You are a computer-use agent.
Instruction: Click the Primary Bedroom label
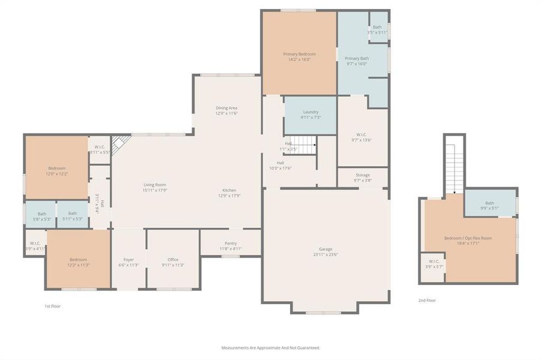coord(299,54)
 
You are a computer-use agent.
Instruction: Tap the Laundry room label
coord(310,112)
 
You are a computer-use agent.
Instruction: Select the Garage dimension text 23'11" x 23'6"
coord(325,254)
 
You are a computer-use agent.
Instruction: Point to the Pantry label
coord(231,243)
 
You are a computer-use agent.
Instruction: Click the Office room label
coord(173,259)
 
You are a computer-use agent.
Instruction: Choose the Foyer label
coord(128,259)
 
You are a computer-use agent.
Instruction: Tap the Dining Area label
coord(226,108)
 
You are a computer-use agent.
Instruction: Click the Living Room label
coord(154,185)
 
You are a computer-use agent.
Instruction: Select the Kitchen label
coord(229,190)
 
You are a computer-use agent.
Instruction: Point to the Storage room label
coord(362,175)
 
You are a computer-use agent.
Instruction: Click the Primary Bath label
coord(356,58)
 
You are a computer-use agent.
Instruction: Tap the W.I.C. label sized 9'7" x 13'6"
coord(361,134)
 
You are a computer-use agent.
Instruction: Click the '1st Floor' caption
coord(52,306)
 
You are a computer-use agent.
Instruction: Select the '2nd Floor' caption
coord(427,300)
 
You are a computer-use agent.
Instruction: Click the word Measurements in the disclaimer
coord(235,347)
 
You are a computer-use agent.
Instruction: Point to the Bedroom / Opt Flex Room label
coord(468,238)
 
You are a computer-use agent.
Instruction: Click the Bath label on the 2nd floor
coord(489,203)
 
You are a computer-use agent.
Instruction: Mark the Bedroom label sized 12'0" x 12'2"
coord(56,168)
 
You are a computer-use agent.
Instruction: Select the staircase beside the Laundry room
coord(305,145)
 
